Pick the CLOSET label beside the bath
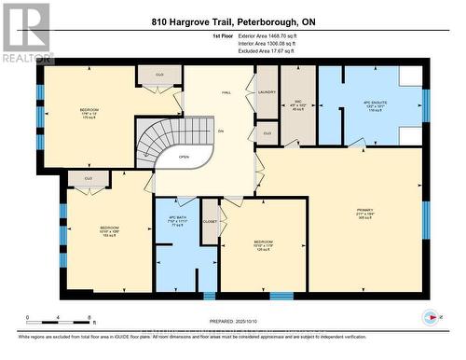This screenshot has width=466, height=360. click(x=210, y=222)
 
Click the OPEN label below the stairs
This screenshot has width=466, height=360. click(x=185, y=157)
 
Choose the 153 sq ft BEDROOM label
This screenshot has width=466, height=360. click(x=109, y=231)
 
